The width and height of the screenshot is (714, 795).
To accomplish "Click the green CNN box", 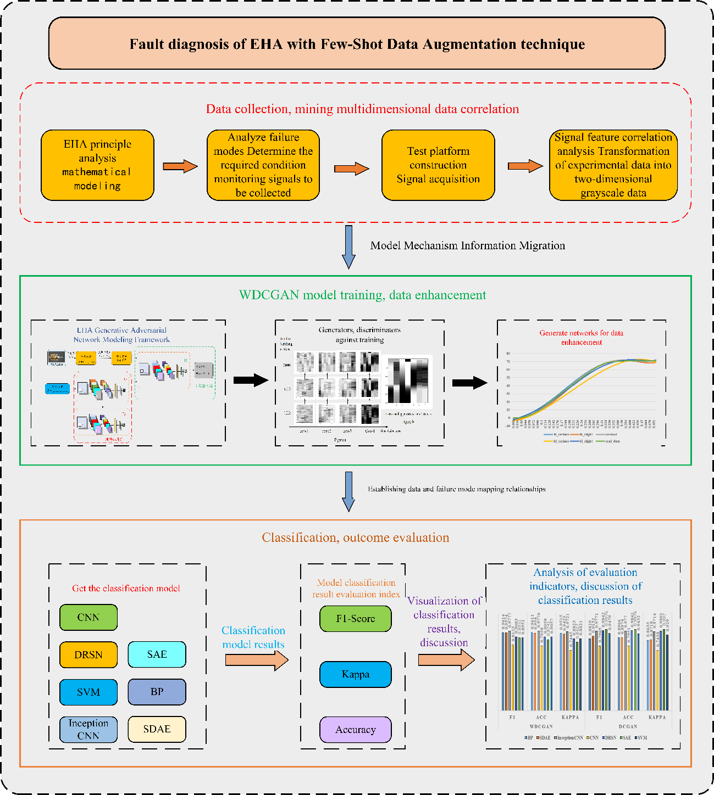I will pos(88,617).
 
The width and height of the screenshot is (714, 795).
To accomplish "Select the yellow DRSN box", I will pos(88,654).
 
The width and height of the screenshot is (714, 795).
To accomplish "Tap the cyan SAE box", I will pos(157,654).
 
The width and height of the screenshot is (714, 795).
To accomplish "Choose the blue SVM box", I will pos(88,692).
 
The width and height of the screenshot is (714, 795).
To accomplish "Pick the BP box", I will pos(157,692).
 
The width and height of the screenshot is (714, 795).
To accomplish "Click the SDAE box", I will pos(157,729).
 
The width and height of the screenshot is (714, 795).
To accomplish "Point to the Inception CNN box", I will pos(88,729).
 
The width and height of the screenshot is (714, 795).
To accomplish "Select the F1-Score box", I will pos(355,619).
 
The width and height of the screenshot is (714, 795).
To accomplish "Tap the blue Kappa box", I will pos(355,674).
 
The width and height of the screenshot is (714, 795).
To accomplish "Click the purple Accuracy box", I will pos(355,730).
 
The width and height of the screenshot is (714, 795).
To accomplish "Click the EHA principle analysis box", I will pos(97,165).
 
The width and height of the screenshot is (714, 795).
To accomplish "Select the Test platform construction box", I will pos(438,165).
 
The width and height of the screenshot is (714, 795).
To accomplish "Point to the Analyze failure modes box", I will pos(263,165).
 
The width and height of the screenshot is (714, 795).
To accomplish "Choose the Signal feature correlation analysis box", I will pos(613,165).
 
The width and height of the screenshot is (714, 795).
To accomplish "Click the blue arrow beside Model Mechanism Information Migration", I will pos(348,247).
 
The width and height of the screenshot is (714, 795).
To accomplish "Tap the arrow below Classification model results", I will pos(256,659).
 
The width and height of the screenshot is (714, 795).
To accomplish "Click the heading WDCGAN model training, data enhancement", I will pos(362,295).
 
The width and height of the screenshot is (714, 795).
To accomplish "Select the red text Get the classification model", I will pos(126,588).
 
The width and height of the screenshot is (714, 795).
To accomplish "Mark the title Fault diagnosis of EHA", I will pos(357,44).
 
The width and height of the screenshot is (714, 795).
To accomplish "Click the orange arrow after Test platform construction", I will pos(525,166).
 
